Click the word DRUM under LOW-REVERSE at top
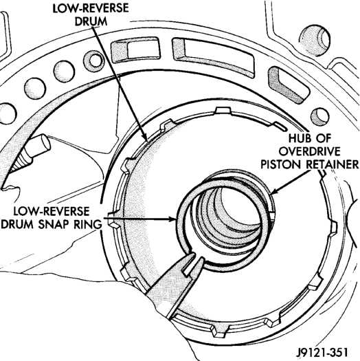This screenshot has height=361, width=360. (91, 21)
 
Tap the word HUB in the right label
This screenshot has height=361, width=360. (298, 138)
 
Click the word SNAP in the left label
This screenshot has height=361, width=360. (54, 224)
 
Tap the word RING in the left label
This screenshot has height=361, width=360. (88, 224)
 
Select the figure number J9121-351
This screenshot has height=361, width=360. (322, 351)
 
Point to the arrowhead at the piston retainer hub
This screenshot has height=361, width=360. (274, 192)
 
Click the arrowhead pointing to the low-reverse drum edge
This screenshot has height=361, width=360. (144, 137)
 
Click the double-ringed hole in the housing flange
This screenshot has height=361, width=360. (93, 61)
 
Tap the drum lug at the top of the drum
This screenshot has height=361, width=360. (222, 110)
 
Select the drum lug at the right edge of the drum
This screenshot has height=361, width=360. (334, 227)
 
